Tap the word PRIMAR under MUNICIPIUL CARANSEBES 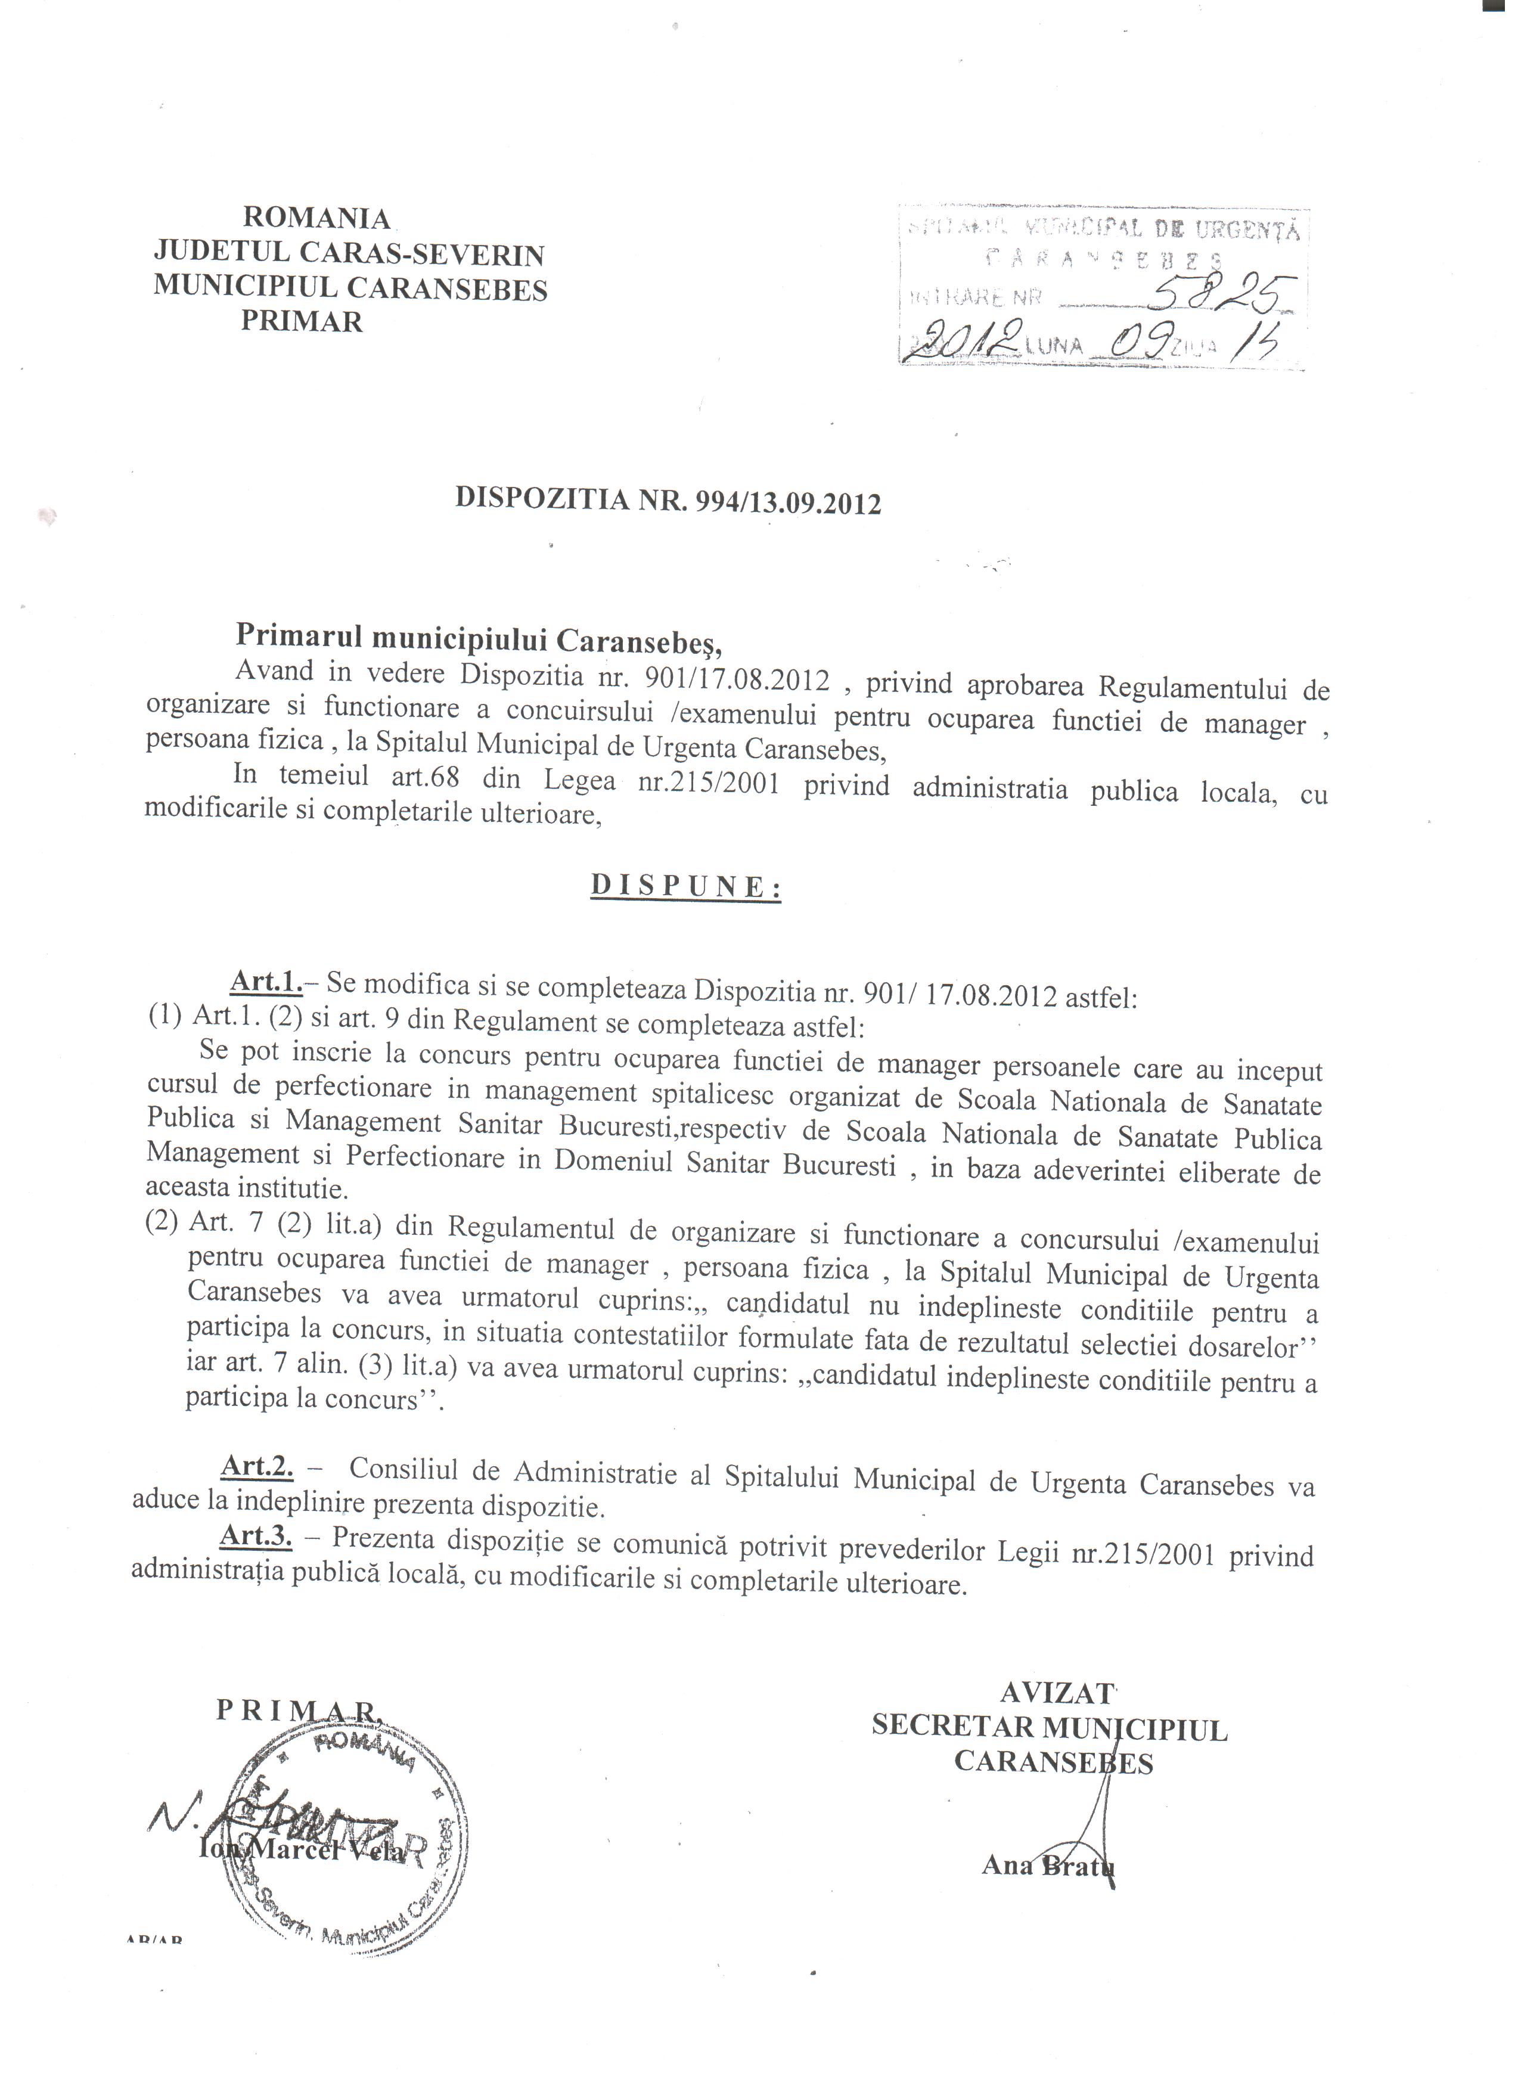click(302, 321)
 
